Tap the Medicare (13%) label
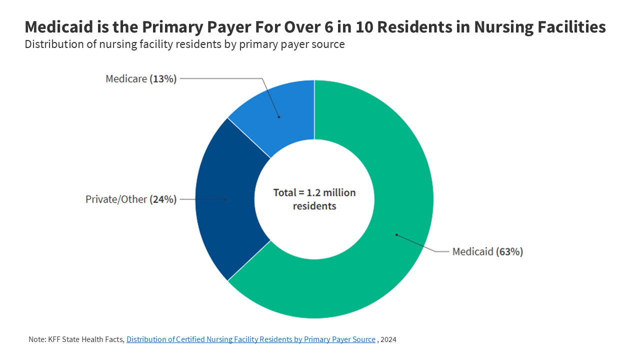(141, 79)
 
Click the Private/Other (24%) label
(131, 199)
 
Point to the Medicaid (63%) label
(487, 252)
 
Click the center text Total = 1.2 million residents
(314, 199)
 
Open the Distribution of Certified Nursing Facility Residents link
(251, 339)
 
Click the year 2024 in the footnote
(388, 339)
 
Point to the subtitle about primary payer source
(184, 44)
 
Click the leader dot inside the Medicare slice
(279, 117)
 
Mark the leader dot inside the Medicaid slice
(396, 234)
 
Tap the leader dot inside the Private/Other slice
(226, 199)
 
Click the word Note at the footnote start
(36, 339)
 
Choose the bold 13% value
(163, 79)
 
